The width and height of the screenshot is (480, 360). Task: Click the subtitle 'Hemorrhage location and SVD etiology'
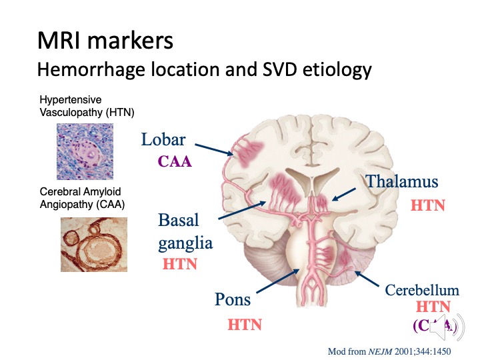click(204, 69)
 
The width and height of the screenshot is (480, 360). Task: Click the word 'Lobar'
click(163, 140)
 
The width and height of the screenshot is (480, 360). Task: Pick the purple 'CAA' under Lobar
click(174, 161)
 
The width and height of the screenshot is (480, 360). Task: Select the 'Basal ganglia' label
click(185, 231)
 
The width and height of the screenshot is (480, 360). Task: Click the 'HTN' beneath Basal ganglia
click(180, 264)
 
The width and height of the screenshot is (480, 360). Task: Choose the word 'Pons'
click(232, 299)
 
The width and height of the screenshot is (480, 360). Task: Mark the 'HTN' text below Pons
click(245, 325)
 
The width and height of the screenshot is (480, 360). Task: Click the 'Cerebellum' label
click(422, 291)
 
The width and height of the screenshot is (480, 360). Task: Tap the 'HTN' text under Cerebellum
click(433, 307)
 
